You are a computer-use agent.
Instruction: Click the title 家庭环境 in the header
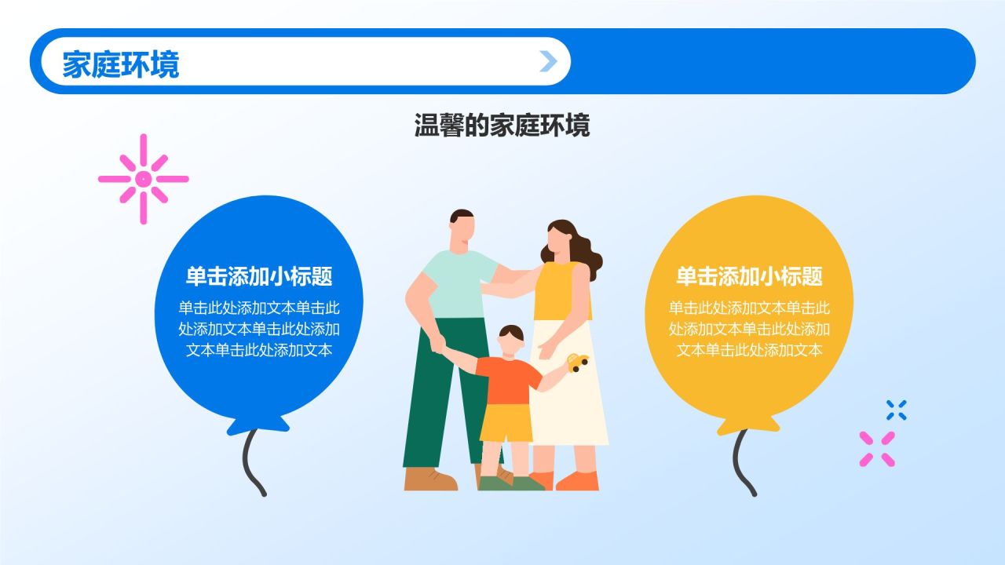click(121, 64)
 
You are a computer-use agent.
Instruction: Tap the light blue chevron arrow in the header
click(548, 61)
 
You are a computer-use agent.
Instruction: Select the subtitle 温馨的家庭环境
click(502, 126)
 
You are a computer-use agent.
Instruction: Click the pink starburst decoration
click(143, 179)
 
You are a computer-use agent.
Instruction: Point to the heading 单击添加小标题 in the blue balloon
click(259, 276)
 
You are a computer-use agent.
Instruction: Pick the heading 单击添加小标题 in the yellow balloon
click(749, 276)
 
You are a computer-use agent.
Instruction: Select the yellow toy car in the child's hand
click(578, 362)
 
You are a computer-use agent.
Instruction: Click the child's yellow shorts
click(506, 422)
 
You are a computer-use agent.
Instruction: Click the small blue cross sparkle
click(896, 410)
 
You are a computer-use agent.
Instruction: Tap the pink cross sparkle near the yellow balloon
click(877, 449)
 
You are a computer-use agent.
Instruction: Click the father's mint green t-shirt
click(455, 282)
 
